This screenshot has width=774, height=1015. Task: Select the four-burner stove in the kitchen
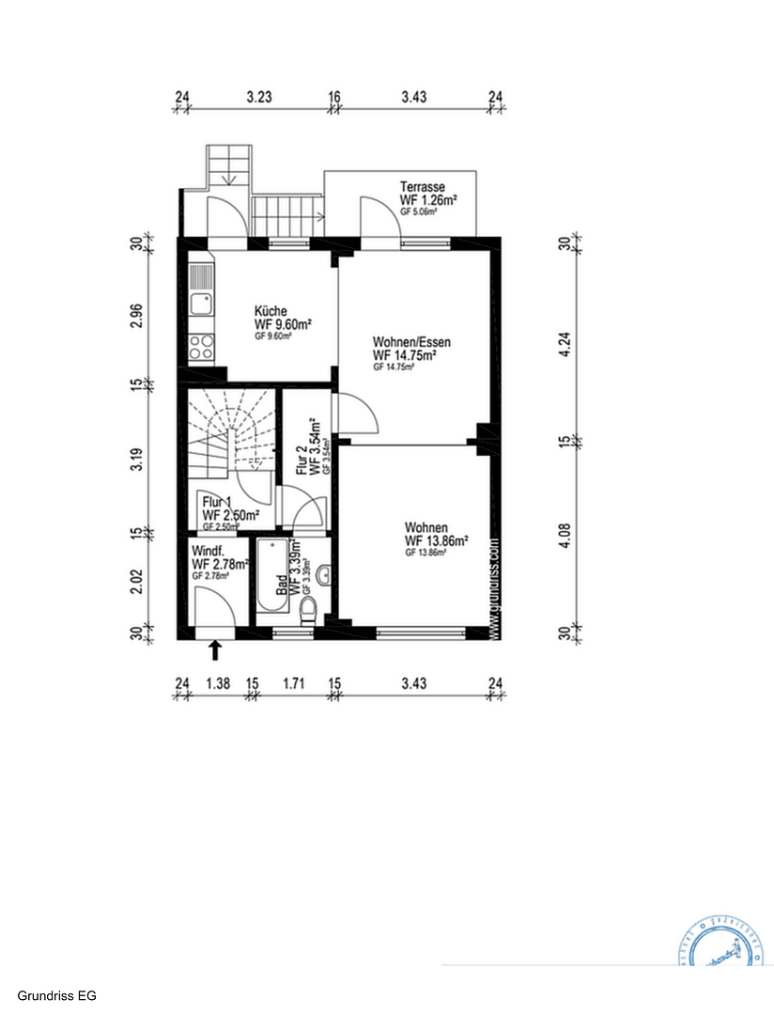201,348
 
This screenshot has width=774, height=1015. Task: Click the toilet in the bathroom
306,614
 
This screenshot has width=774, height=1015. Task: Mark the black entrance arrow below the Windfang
215,649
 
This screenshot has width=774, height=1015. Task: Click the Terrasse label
422,186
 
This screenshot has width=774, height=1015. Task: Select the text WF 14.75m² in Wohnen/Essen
405,355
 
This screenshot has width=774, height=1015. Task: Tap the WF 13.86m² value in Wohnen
436,541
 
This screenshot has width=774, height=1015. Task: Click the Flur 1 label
217,502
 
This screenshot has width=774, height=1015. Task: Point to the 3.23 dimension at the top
259,96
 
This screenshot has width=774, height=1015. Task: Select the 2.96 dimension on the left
137,316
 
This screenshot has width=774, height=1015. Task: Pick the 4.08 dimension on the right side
565,535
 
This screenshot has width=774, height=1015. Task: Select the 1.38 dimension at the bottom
218,683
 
